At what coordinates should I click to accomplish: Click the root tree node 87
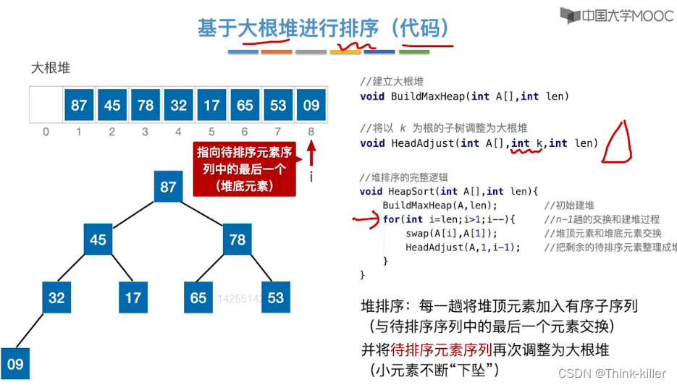tap(168, 187)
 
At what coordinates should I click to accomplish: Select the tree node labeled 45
tap(98, 239)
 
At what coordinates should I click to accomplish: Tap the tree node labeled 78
tap(237, 239)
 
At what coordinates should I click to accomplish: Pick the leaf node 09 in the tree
tap(16, 364)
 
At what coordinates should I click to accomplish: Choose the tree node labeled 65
tap(198, 297)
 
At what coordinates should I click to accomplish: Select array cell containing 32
tap(179, 105)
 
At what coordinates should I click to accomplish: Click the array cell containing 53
tap(278, 105)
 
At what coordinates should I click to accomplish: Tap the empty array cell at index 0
tap(46, 105)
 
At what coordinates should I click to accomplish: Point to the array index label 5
tap(211, 132)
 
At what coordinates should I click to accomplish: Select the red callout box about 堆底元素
tap(245, 169)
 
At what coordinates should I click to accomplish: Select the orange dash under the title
tap(277, 52)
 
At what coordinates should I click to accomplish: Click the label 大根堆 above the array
tap(51, 68)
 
